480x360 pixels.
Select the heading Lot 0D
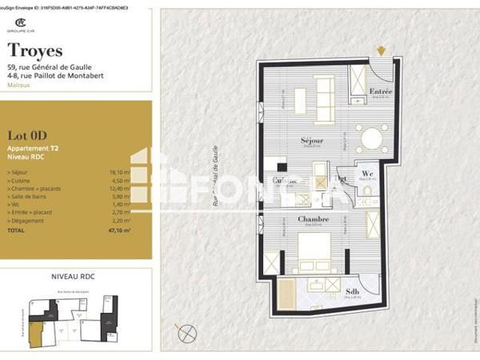25,134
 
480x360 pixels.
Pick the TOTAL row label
17,230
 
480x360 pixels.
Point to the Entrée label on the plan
381,92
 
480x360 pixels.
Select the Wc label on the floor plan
367,173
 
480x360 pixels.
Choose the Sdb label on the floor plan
353,290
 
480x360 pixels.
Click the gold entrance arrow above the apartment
382,51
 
